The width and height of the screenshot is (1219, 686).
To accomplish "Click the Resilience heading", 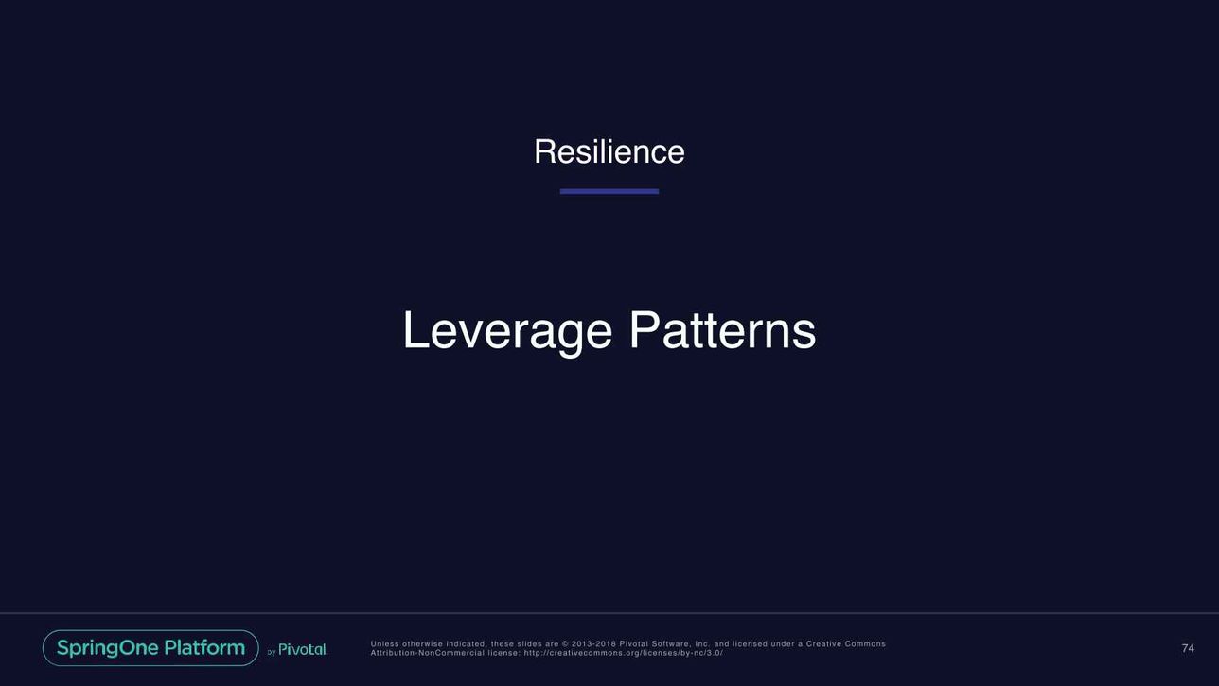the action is pyautogui.click(x=609, y=151).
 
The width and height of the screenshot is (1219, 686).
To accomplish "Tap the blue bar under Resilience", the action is pyautogui.click(x=609, y=191).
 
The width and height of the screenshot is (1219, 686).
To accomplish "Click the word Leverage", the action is pyautogui.click(x=507, y=331).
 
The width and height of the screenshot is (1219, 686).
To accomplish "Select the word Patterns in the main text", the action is pyautogui.click(x=723, y=330).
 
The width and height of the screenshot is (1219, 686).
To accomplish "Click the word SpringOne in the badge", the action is pyautogui.click(x=108, y=648).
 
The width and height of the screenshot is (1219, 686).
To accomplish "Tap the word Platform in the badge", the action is pyautogui.click(x=204, y=647).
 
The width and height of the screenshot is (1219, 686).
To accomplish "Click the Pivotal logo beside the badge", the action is pyautogui.click(x=303, y=649).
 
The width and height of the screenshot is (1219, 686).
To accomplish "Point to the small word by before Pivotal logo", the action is pyautogui.click(x=272, y=652).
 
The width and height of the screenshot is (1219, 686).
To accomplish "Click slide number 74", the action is pyautogui.click(x=1188, y=648).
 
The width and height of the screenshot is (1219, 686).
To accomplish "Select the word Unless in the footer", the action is pyautogui.click(x=384, y=644).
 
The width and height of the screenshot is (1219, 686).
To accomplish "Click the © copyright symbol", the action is pyautogui.click(x=564, y=644).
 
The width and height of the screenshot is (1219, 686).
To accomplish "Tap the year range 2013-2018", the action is pyautogui.click(x=593, y=644).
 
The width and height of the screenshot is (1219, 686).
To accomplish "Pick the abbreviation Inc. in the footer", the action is pyautogui.click(x=702, y=644).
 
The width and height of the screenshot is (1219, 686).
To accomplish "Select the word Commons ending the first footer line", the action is pyautogui.click(x=865, y=644).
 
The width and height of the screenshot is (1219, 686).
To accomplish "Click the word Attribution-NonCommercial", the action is pyautogui.click(x=427, y=653).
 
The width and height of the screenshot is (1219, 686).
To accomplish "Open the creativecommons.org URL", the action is pyautogui.click(x=624, y=653).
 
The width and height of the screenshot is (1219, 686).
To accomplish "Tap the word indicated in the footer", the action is pyautogui.click(x=467, y=644).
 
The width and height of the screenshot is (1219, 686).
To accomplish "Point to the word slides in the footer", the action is pyautogui.click(x=529, y=644).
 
